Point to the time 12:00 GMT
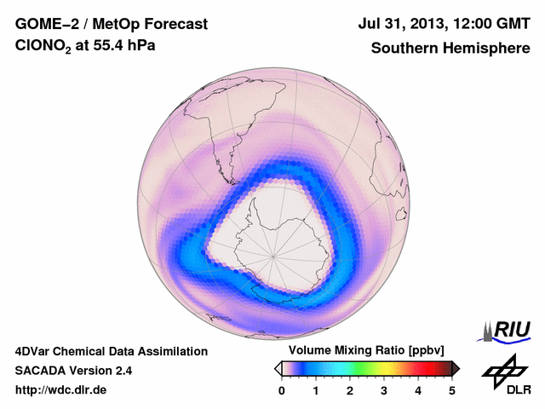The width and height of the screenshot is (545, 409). pos(489,24)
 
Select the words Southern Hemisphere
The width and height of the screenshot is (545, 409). pos(450,49)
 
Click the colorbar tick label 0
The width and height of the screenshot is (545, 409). pos(282,390)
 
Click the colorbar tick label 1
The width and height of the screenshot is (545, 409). pos(316,390)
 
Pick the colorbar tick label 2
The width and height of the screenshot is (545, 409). pos(350,390)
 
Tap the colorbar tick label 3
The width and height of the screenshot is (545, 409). pos(384,390)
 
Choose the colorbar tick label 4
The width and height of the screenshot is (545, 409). pos(418,390)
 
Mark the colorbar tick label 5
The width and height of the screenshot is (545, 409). pos(452,390)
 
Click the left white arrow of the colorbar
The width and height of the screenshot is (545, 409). pos(277,368)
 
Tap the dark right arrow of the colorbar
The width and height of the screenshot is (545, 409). pos(456,368)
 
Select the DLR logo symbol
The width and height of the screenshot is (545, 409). pos(504,368)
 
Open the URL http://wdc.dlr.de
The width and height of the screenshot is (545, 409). pos(61,390)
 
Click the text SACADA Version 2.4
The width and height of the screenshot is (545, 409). pos(73,371)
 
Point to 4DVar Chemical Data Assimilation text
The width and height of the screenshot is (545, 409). pos(111,351)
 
